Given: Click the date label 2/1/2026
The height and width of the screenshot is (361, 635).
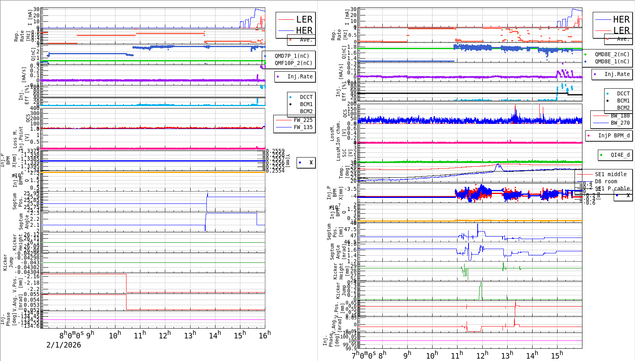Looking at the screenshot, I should click(64, 345).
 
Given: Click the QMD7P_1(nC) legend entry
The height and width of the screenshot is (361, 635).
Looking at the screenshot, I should click(292, 56).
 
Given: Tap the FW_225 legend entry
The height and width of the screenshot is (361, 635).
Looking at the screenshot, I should click(303, 120).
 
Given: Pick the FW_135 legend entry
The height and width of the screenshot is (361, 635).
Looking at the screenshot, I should click(303, 127).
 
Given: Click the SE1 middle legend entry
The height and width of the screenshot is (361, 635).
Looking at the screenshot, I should click(610, 174).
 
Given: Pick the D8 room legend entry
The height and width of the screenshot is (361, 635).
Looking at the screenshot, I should click(606, 181).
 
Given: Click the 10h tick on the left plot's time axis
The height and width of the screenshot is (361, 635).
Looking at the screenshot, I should click(115, 336).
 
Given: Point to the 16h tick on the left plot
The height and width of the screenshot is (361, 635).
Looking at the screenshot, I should click(265, 335).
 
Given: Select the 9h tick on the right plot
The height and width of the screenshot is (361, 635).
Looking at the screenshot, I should click(407, 355).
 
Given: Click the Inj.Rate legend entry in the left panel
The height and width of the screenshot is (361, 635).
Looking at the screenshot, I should click(300, 76).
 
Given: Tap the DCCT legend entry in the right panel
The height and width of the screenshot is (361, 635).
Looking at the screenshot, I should click(623, 93).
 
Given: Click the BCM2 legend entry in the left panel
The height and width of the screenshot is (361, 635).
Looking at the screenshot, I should click(306, 111).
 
